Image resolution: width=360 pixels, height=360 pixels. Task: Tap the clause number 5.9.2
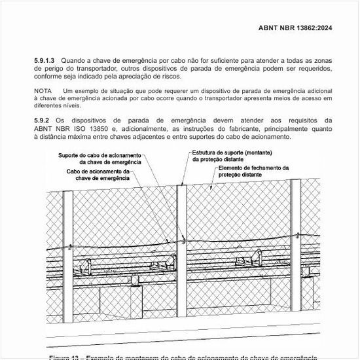click(42, 120)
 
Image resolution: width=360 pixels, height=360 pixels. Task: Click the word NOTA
click(43, 90)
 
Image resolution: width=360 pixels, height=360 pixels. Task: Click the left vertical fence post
click(65, 249)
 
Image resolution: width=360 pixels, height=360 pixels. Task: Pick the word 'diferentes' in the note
click(49, 106)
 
